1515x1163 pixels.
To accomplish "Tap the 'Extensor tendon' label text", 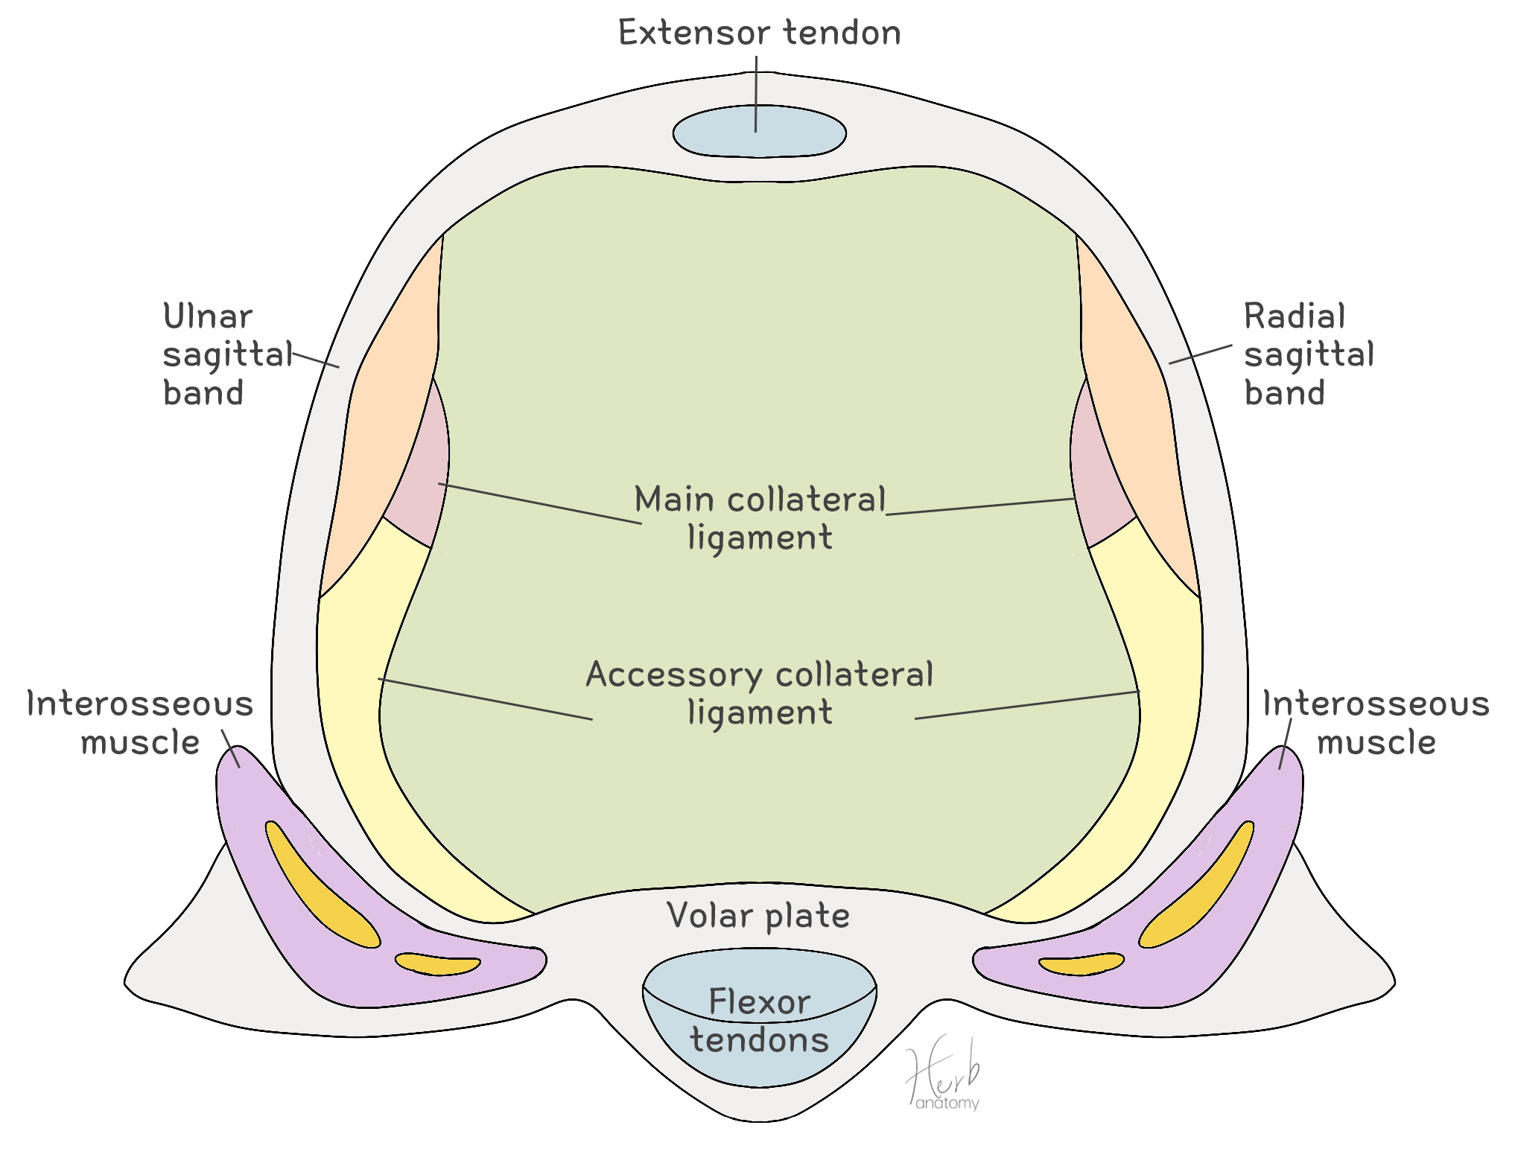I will (759, 34).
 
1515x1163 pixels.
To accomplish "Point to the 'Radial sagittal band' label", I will (1308, 354).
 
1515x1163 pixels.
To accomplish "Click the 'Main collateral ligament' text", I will (759, 518).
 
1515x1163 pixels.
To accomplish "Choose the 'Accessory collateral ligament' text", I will (759, 692).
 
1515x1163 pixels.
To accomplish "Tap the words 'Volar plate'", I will (758, 916).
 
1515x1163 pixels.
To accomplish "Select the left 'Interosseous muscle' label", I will (140, 722).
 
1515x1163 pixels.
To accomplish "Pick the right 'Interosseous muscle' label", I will (1375, 722).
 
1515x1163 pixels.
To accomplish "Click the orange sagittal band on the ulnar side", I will (380, 417).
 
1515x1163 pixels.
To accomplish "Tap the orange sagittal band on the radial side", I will (1140, 417).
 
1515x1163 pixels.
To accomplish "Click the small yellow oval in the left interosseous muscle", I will (438, 964).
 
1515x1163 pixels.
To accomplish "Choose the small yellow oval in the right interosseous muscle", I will (1082, 964).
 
